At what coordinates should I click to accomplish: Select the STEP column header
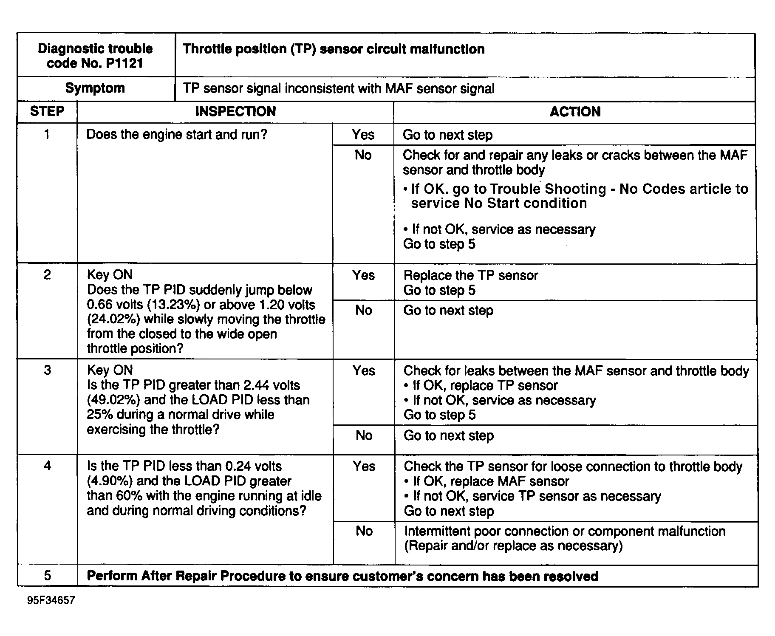(47, 112)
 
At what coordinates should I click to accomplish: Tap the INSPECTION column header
(235, 112)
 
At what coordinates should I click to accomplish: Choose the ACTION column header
(575, 112)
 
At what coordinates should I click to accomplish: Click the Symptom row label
(95, 88)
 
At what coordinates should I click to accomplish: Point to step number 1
(47, 135)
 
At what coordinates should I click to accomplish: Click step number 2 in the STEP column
(47, 275)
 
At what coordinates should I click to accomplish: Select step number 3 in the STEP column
(47, 370)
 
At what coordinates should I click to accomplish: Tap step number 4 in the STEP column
(47, 466)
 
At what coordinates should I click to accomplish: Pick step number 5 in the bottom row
(47, 576)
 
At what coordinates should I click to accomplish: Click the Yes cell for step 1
(363, 135)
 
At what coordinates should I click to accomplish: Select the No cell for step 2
(364, 311)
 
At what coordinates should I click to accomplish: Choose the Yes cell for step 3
(364, 371)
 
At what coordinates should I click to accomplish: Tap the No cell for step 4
(364, 531)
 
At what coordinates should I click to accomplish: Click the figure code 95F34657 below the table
(51, 600)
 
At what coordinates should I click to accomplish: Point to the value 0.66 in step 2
(99, 305)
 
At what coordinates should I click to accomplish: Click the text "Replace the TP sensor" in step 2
(471, 275)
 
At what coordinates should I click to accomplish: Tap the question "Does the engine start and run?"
(177, 135)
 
